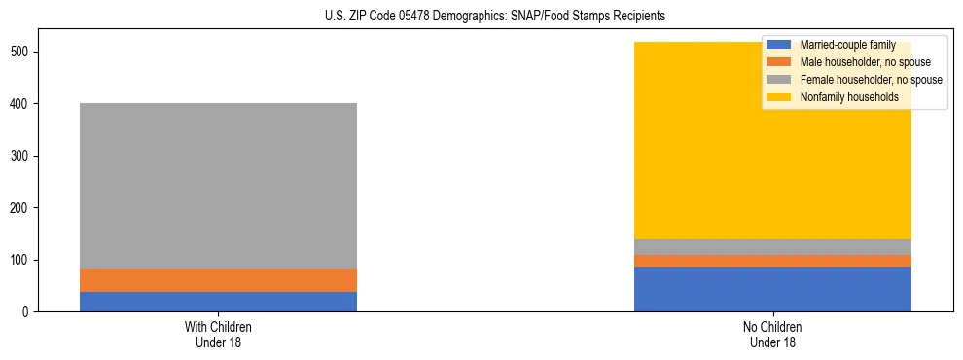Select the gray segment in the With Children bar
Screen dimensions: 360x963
[218, 186]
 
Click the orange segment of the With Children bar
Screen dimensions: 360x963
[218, 280]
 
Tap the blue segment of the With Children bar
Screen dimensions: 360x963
[218, 302]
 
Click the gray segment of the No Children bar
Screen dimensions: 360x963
[772, 247]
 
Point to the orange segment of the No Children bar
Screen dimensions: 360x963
[772, 261]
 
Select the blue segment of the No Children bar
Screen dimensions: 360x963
[772, 289]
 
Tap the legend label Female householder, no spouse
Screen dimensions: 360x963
[871, 80]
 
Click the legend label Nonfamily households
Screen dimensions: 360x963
[843, 97]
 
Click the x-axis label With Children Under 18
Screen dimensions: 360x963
[218, 334]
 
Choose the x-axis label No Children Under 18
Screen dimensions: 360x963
[772, 334]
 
